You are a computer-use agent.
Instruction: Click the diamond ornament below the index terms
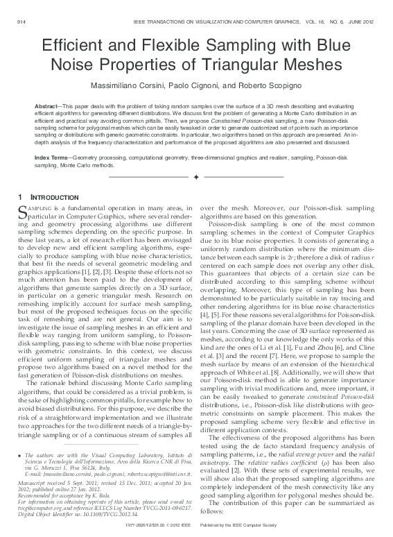pyautogui.click(x=196, y=178)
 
